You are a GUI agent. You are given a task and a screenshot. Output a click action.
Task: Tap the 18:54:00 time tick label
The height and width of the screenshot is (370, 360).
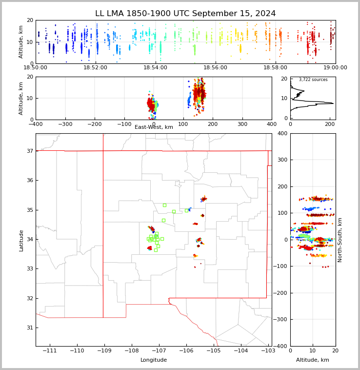coord(155,68)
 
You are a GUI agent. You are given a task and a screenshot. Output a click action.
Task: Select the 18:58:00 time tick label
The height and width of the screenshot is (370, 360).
coord(275,68)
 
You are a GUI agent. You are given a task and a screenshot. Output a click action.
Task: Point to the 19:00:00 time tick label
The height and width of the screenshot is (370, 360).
coord(335,68)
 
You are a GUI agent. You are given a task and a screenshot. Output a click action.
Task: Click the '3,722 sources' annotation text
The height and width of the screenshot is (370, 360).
coord(313,80)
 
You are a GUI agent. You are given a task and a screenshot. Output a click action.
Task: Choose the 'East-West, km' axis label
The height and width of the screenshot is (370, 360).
coord(154,127)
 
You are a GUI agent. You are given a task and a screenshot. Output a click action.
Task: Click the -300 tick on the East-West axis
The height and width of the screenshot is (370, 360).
coord(65,124)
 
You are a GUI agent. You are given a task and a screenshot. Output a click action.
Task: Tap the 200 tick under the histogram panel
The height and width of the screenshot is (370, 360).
coord(330,124)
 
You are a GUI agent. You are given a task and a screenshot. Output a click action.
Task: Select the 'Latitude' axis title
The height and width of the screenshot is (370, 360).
coord(21,241)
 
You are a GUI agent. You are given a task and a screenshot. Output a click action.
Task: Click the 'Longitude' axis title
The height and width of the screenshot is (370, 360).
coord(154,360)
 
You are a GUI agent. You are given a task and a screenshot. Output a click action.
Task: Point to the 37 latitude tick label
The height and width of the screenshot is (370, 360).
coord(30,151)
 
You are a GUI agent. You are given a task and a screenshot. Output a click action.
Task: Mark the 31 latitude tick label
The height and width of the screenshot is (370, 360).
coord(30,328)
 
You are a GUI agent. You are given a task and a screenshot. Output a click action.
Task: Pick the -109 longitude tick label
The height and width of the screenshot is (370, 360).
coord(104,350)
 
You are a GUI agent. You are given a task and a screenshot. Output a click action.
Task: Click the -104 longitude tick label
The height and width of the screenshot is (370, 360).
coord(241,350)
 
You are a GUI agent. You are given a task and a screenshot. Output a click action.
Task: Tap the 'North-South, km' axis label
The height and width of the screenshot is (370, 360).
coord(340,240)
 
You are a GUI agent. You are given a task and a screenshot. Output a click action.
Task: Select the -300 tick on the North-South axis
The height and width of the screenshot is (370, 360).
coord(280,319)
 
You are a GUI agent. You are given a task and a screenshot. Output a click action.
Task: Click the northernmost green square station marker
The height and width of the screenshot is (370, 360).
coord(164,206)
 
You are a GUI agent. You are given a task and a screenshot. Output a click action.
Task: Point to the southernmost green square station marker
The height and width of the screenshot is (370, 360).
coord(156,250)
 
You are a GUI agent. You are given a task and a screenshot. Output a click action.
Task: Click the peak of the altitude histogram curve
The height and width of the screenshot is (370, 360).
coord(333,103)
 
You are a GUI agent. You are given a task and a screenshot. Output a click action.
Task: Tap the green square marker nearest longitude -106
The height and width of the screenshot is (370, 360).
coord(186,210)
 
